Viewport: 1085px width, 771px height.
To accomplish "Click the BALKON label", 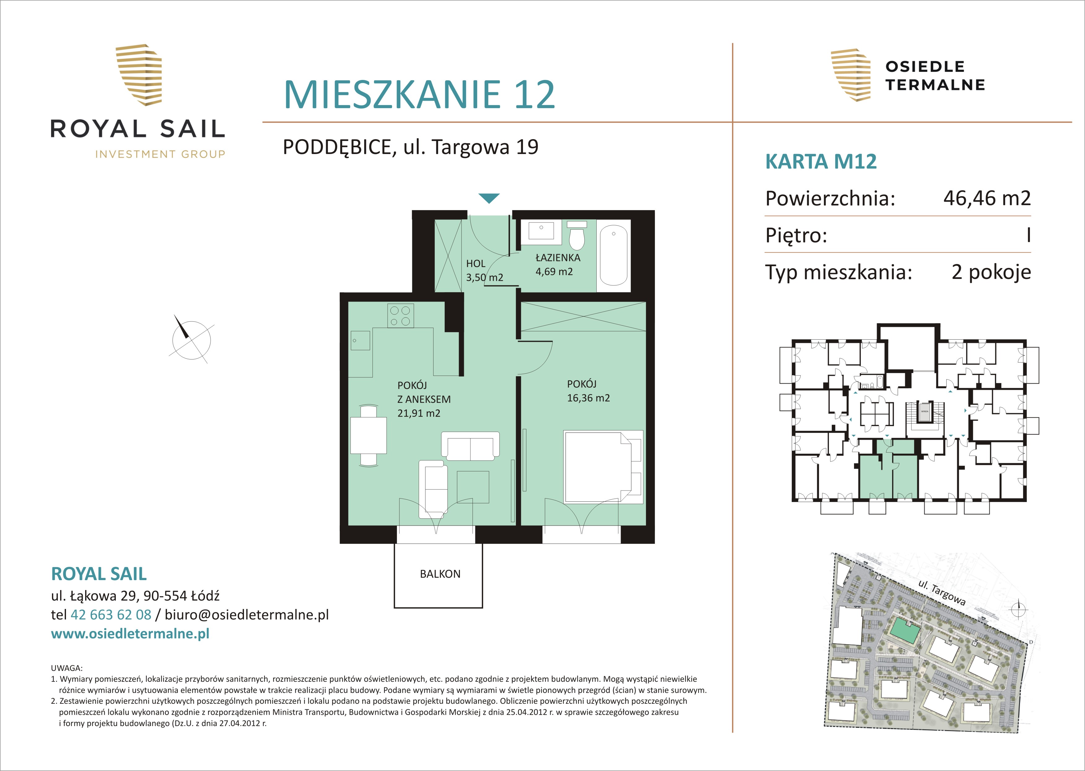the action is point(440,574).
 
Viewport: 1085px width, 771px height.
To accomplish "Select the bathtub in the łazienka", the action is point(613,255).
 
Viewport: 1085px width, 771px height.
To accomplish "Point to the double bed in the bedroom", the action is point(603,467).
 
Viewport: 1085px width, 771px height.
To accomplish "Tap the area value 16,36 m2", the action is point(588,398).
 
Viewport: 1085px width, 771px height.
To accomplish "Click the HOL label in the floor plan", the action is point(475,263).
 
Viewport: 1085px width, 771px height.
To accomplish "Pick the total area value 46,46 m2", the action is point(987,198).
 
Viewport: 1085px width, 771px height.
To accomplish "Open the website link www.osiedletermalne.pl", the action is point(130,634).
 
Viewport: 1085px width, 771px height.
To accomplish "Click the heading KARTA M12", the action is point(821,161).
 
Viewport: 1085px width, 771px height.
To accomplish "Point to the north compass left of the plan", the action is point(191,339).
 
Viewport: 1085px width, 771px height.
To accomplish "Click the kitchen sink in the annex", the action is point(360,340).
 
